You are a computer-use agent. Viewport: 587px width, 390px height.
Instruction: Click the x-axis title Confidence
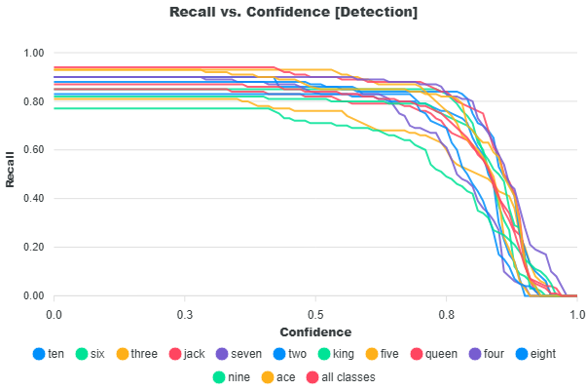click(x=315, y=332)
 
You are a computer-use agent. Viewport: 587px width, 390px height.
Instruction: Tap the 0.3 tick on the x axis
click(x=184, y=314)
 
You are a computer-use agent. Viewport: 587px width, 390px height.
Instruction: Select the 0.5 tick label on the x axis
click(x=315, y=314)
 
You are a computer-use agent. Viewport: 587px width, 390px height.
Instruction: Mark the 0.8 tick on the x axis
click(x=446, y=314)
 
